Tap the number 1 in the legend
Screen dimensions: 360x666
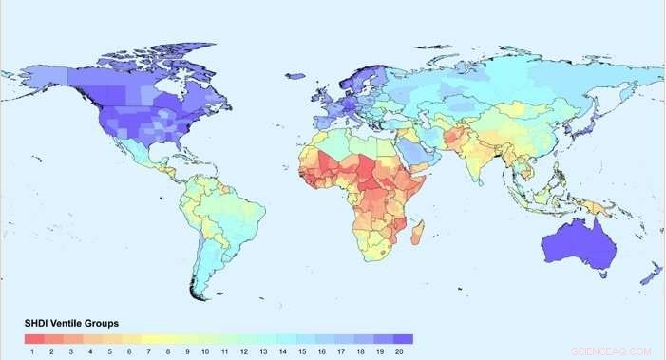(32, 351)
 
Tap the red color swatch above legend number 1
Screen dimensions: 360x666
(32, 338)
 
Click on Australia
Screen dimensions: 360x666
(579, 242)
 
